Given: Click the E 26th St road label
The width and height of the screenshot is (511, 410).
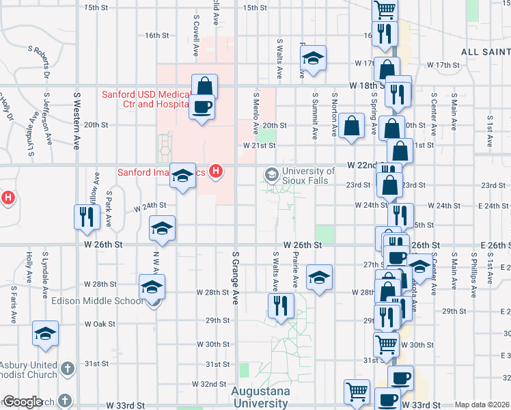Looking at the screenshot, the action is [x=496, y=245].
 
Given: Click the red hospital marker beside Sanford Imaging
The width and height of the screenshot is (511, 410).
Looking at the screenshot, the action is [x=216, y=171].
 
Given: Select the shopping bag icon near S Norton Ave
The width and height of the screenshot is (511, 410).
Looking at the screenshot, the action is [x=351, y=126].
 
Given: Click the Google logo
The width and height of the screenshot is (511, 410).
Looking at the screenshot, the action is [x=23, y=402].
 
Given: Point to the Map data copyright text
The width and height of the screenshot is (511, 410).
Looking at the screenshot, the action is [x=482, y=405].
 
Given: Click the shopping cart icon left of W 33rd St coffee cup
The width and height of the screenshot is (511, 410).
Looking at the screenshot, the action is [x=357, y=392].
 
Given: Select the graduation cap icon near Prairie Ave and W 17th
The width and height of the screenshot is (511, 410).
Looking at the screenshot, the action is [x=313, y=57].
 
